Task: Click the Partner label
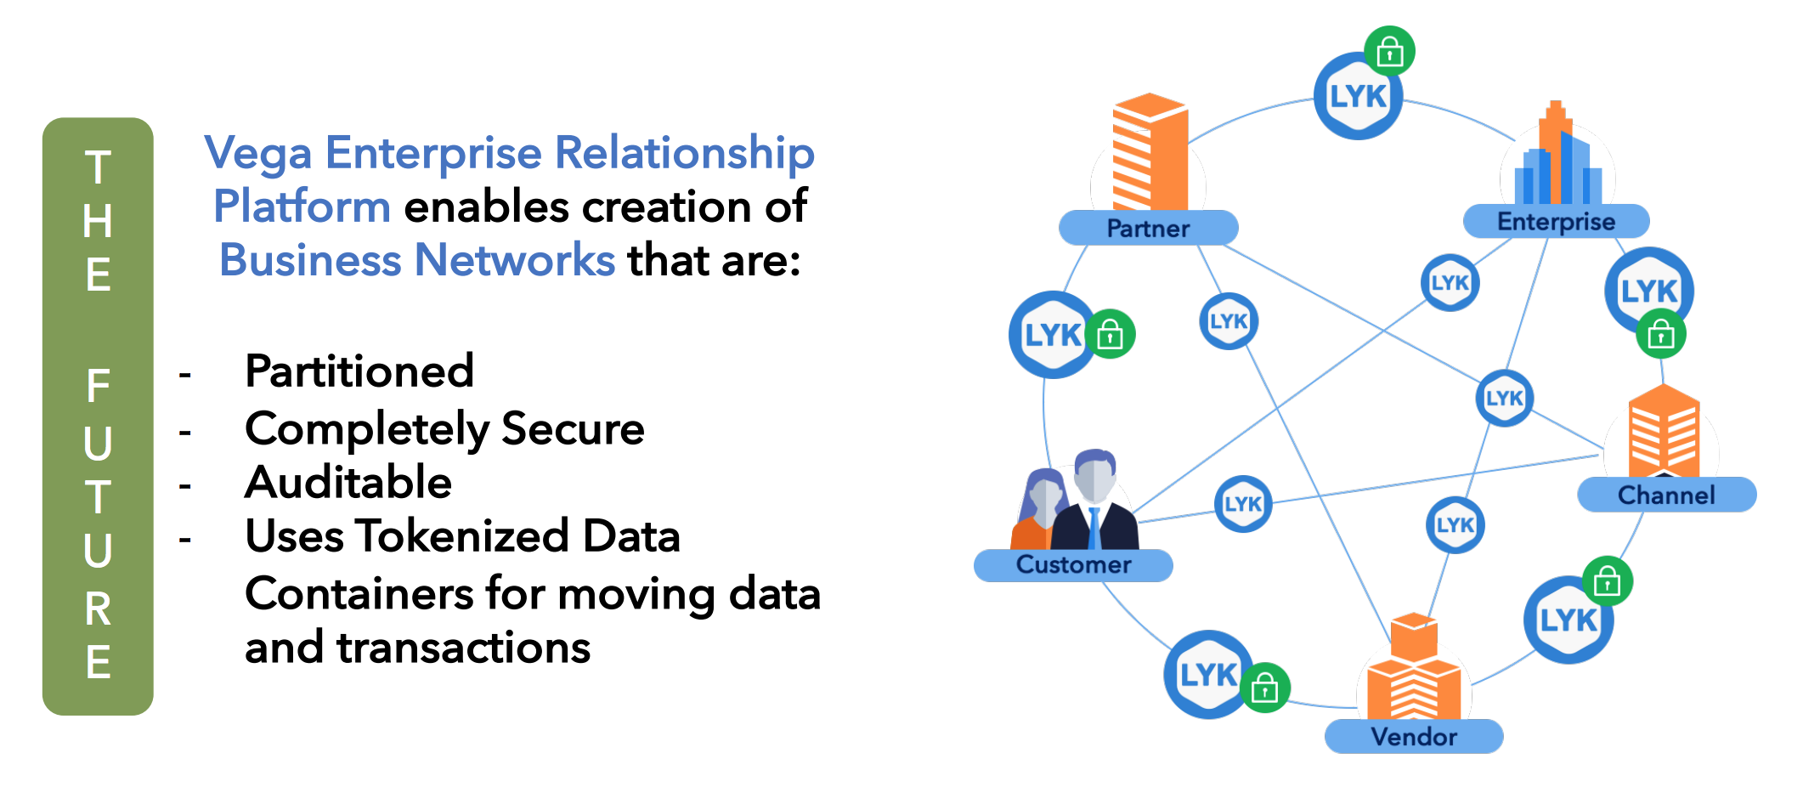[1148, 228]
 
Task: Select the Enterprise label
[1556, 222]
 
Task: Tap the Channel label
[1666, 495]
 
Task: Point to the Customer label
[1073, 564]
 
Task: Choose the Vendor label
[1414, 736]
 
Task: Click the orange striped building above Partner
[1149, 153]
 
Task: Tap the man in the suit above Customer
[1095, 501]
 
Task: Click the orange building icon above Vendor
[1414, 671]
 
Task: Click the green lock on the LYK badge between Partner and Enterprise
[1389, 52]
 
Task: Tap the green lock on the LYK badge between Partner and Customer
[1111, 335]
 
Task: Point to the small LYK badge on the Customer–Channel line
[1243, 504]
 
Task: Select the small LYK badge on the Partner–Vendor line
[1229, 321]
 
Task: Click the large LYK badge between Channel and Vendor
[1568, 620]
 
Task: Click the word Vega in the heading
[258, 154]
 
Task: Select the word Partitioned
[359, 371]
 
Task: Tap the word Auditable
[348, 483]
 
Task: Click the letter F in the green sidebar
[98, 387]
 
